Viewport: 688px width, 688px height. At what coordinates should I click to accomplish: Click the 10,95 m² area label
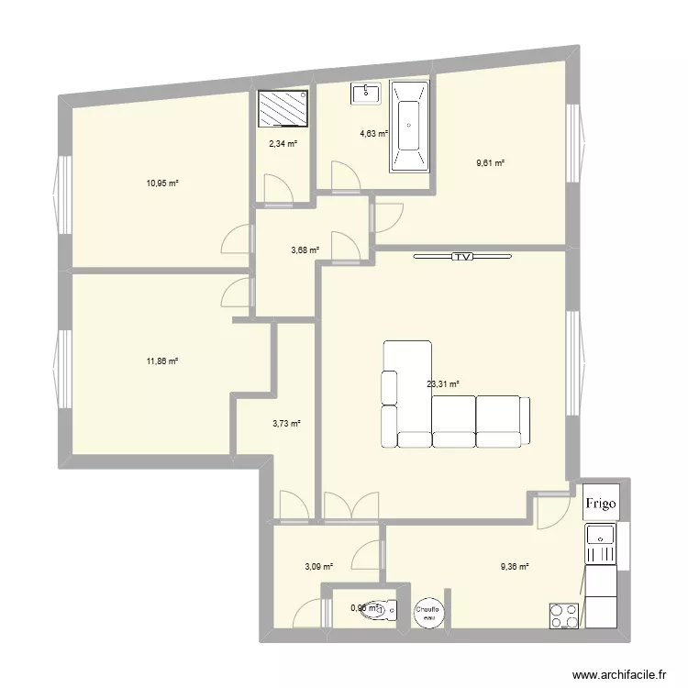pos(161,183)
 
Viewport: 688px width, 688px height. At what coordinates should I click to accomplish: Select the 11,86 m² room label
pos(161,361)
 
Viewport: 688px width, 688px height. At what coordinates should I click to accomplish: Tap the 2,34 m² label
pos(283,143)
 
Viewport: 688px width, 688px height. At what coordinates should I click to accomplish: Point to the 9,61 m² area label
pos(490,163)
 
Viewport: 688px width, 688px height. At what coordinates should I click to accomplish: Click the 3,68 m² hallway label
pos(305,250)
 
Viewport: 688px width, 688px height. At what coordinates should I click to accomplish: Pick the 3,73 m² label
pos(287,423)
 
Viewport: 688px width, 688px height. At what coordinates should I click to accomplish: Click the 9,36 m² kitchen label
pos(515,567)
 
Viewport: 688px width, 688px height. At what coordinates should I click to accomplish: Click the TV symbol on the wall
pos(462,258)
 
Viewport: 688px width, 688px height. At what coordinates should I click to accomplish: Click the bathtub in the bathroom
pos(409,127)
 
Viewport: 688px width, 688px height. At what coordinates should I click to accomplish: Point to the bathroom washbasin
pos(366,93)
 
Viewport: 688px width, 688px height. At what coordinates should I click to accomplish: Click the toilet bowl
pos(386,606)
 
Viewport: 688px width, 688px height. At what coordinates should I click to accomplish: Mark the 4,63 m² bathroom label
pos(373,134)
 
